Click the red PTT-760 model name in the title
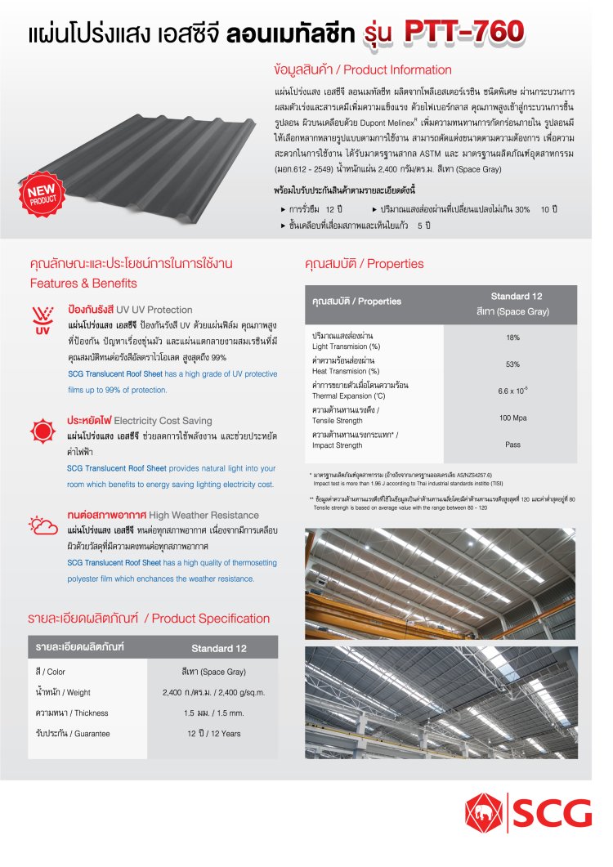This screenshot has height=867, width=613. point(463,31)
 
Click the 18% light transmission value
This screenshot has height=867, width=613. point(512,337)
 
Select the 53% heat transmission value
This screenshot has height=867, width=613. point(512,364)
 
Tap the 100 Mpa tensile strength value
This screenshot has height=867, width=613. point(512,418)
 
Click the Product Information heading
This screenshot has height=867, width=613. point(363,70)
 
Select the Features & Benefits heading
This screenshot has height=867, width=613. point(84,284)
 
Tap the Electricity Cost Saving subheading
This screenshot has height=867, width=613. point(140,421)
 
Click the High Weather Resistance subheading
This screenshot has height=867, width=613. point(163,516)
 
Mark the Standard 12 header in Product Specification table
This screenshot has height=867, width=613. point(218,648)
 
